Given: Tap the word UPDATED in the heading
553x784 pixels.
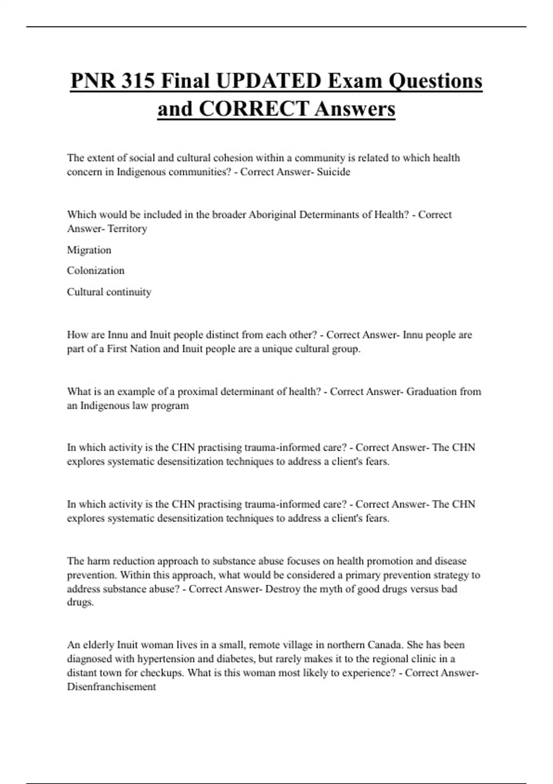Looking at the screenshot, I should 268,81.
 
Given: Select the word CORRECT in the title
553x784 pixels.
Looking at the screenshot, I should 254,109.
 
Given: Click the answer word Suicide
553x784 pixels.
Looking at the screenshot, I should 334,172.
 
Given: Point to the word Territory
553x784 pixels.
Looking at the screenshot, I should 127,229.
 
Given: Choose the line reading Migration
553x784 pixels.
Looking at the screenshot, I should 89,250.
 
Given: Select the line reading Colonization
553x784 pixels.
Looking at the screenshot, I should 95,271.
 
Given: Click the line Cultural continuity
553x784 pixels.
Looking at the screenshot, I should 109,292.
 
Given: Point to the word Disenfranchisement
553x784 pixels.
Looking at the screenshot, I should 111,687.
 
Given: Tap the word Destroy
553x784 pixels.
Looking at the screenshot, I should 282,589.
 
